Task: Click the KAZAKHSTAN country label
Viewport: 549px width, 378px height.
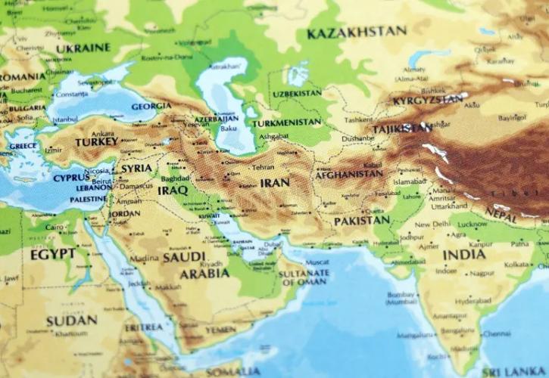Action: click(x=356, y=33)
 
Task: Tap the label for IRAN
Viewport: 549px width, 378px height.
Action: click(x=274, y=183)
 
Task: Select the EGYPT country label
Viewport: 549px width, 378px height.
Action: click(x=52, y=254)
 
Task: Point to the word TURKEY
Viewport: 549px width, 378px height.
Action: click(x=96, y=142)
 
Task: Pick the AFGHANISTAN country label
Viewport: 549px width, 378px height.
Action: click(x=349, y=173)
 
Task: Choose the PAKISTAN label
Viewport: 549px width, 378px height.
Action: click(x=361, y=221)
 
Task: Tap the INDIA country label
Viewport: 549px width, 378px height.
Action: click(x=463, y=254)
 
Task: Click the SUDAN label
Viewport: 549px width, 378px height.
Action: click(x=71, y=320)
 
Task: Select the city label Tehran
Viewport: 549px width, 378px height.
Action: click(x=263, y=167)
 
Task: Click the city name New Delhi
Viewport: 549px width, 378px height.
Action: click(x=432, y=225)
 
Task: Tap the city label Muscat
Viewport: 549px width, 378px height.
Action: click(x=316, y=262)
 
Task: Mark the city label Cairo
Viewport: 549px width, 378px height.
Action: click(x=54, y=227)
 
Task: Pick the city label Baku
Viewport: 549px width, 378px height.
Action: click(x=229, y=129)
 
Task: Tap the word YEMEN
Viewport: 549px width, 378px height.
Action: click(x=220, y=330)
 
